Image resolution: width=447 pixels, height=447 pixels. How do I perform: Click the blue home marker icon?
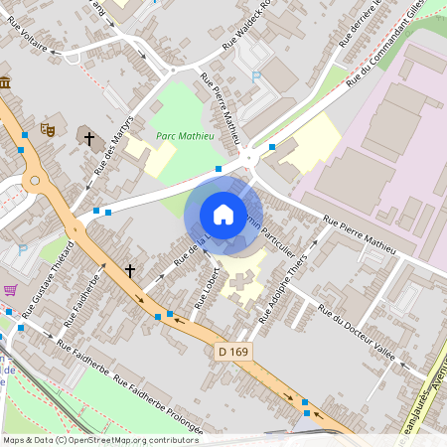pos(223,214)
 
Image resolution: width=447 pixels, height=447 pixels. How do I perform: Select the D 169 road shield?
pos(232,352)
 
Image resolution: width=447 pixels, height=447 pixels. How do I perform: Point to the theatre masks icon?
pos(47,128)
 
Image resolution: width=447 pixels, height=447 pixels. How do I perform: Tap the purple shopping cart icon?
pos(10,290)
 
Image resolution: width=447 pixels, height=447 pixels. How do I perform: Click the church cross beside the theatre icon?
pos(89,139)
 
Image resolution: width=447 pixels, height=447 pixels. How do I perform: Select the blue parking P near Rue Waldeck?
pos(256,76)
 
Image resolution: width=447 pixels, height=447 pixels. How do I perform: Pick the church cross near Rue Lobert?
pos(130,269)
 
